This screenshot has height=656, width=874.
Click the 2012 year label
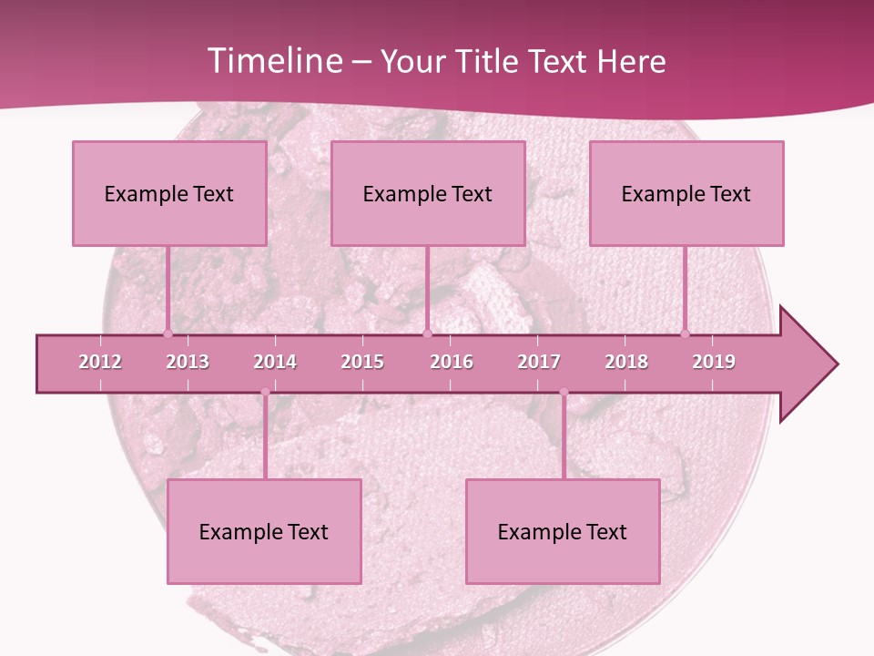pyautogui.click(x=100, y=362)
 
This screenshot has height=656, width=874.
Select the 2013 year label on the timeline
pyautogui.click(x=188, y=362)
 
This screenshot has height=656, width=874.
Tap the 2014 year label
pyautogui.click(x=275, y=362)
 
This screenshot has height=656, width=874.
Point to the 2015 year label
pyautogui.click(x=362, y=362)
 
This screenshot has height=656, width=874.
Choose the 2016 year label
pyautogui.click(x=452, y=362)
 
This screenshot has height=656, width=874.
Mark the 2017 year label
pyautogui.click(x=539, y=362)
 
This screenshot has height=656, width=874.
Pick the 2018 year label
pyautogui.click(x=626, y=362)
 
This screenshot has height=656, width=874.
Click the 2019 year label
pyautogui.click(x=714, y=362)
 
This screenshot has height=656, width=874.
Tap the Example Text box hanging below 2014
pyautogui.click(x=264, y=531)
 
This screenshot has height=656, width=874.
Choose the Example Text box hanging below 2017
pyautogui.click(x=563, y=531)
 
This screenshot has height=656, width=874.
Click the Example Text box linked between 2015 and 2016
pyautogui.click(x=428, y=193)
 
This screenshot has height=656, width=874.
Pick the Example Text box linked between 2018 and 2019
pyautogui.click(x=686, y=193)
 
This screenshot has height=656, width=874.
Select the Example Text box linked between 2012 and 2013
pyautogui.click(x=169, y=193)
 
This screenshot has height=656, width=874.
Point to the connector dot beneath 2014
pyautogui.click(x=265, y=393)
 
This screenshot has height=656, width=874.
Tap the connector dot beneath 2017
pyautogui.click(x=564, y=393)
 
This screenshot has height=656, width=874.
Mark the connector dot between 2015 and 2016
pyautogui.click(x=427, y=333)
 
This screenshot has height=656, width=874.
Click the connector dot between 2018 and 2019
pyautogui.click(x=686, y=333)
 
